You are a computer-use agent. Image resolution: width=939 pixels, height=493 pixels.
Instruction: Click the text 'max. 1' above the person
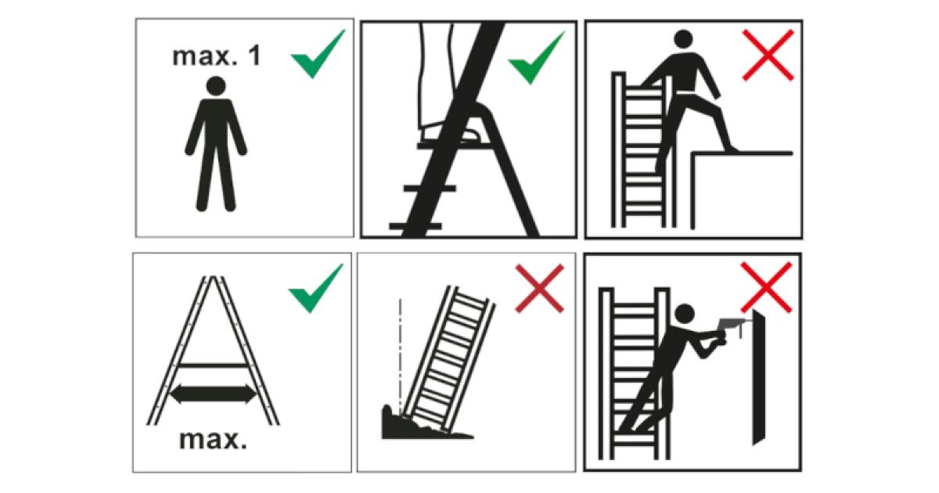pos(217,57)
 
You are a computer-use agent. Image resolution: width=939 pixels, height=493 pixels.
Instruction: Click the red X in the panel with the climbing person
pos(767,55)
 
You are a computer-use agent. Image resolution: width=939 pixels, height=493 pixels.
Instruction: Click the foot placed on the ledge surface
pos(732,148)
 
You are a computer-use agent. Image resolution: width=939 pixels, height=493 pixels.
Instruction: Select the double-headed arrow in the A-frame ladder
pos(214,392)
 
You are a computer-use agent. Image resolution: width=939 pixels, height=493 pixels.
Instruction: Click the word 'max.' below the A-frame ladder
pos(214,440)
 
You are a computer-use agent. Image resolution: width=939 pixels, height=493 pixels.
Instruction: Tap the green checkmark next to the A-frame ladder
pos(315,287)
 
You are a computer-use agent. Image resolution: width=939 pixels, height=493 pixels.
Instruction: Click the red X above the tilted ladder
pos(539,288)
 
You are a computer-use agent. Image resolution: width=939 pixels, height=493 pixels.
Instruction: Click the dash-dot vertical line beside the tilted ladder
pos(399,352)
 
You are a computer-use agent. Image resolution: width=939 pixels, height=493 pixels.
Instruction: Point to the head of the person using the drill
pos(685,314)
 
